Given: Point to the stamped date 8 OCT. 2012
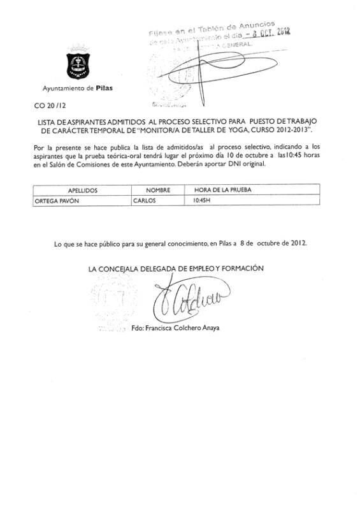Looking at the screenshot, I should [x=267, y=34].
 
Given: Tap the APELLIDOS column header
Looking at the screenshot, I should [x=82, y=190].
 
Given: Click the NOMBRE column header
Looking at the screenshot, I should [x=159, y=190].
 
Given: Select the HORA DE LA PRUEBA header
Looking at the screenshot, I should [x=219, y=190].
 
